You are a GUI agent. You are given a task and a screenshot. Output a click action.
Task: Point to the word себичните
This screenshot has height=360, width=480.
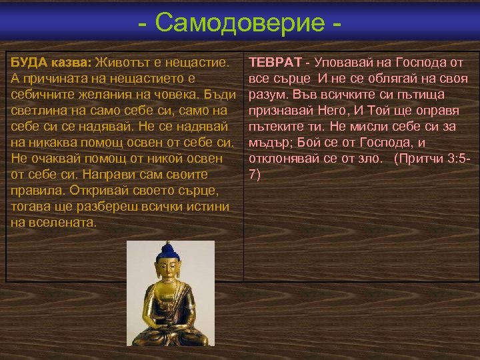coord(40,95)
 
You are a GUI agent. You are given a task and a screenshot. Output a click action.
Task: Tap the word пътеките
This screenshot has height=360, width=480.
coord(277,127)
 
